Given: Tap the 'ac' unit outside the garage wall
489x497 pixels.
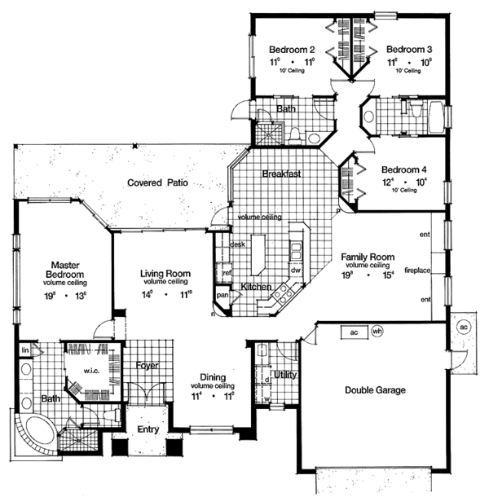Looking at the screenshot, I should pyautogui.click(x=464, y=327).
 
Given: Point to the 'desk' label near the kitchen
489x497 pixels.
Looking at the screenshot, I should pyautogui.click(x=238, y=244).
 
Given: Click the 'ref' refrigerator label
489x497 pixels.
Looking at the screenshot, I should pyautogui.click(x=227, y=274).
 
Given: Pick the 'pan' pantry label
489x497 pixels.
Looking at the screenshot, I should pyautogui.click(x=222, y=294).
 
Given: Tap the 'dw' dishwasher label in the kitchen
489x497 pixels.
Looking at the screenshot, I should pyautogui.click(x=297, y=270).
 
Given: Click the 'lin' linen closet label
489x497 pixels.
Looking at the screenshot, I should pyautogui.click(x=25, y=350).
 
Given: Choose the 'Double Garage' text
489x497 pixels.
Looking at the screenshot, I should pyautogui.click(x=373, y=389).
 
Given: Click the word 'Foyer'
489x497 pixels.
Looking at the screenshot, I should pyautogui.click(x=147, y=366).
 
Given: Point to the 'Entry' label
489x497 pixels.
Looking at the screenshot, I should pyautogui.click(x=148, y=428).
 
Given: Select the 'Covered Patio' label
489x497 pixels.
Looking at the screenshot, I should pyautogui.click(x=157, y=183).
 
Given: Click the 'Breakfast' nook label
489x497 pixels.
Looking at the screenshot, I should pyautogui.click(x=282, y=174).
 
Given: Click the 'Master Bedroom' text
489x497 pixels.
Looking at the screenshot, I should pyautogui.click(x=64, y=270).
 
